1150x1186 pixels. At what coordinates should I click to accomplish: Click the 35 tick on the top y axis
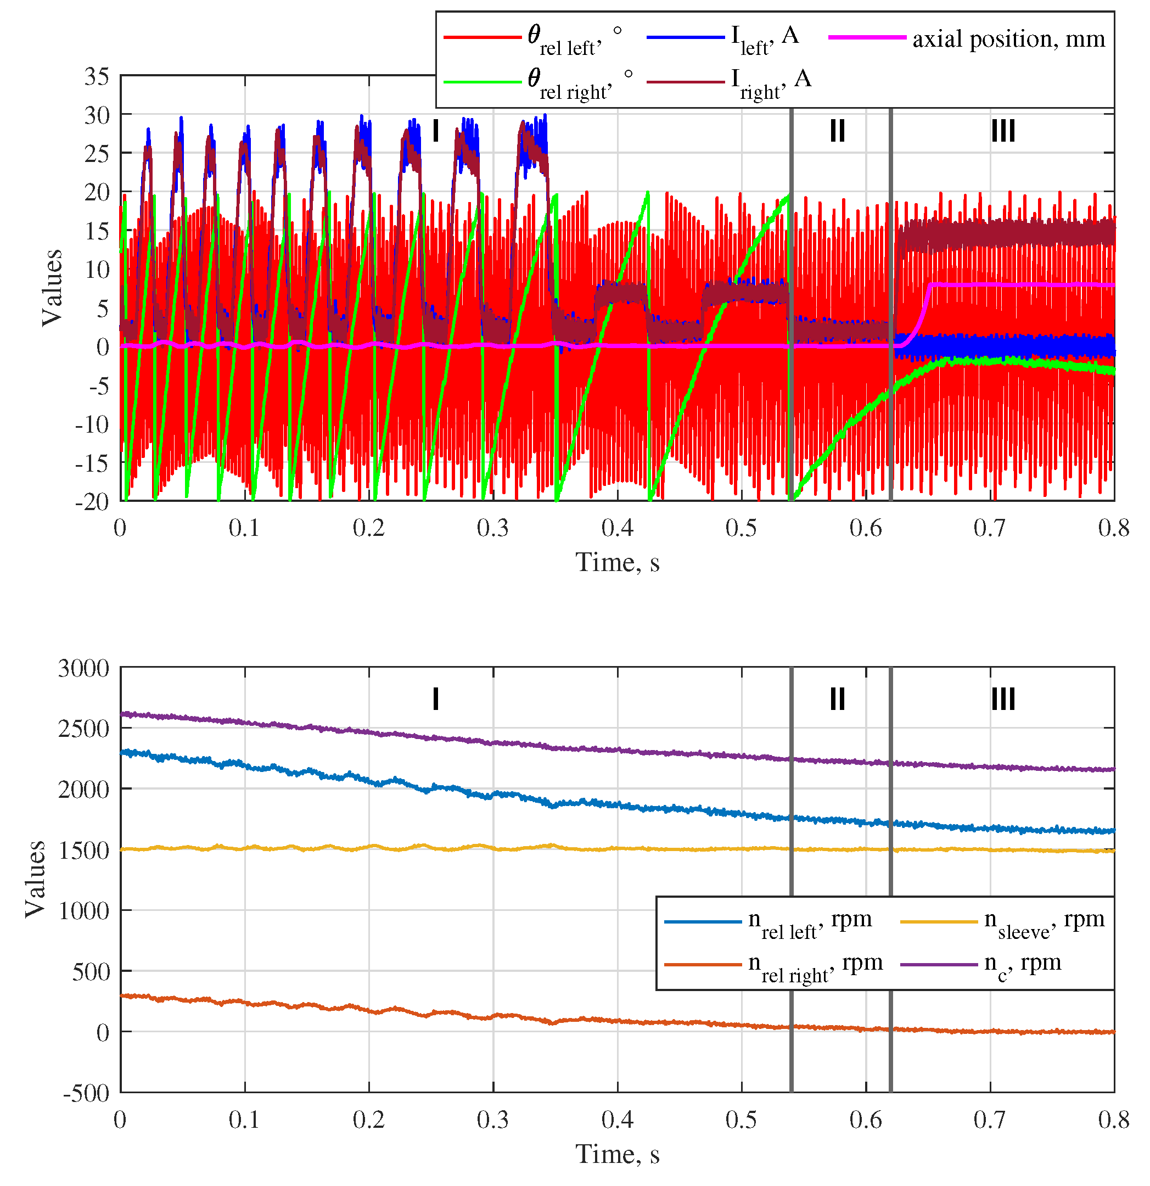[x=97, y=76]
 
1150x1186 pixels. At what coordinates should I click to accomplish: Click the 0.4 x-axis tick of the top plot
[x=617, y=528]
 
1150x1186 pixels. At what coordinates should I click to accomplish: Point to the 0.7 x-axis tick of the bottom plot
[x=990, y=1120]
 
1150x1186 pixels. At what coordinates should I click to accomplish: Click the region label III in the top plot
[x=1002, y=131]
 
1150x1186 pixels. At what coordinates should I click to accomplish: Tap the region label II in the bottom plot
[x=837, y=700]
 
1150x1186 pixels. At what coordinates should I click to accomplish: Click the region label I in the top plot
[x=435, y=131]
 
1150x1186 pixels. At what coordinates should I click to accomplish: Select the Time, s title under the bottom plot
[x=617, y=1155]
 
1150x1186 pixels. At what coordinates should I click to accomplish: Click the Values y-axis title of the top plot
[x=52, y=287]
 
